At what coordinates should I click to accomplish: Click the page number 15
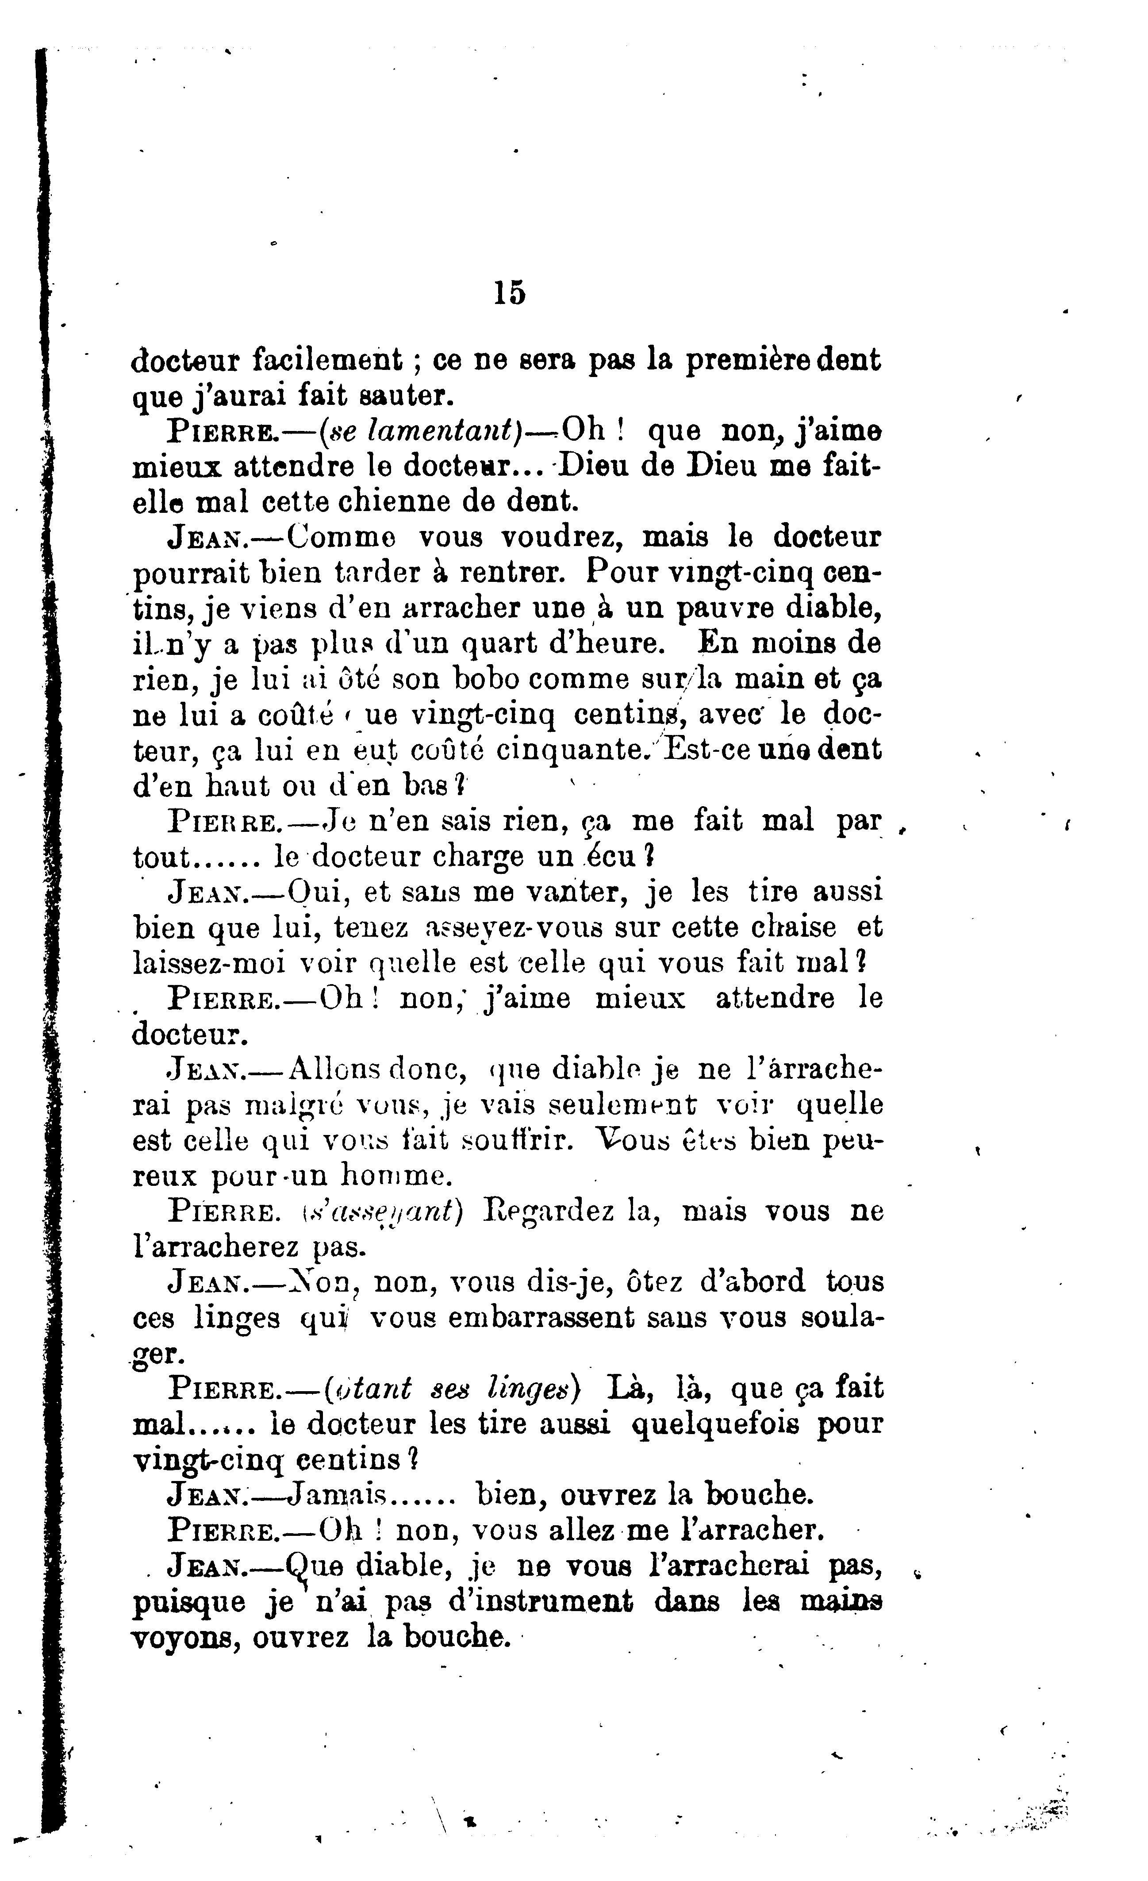509,293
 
